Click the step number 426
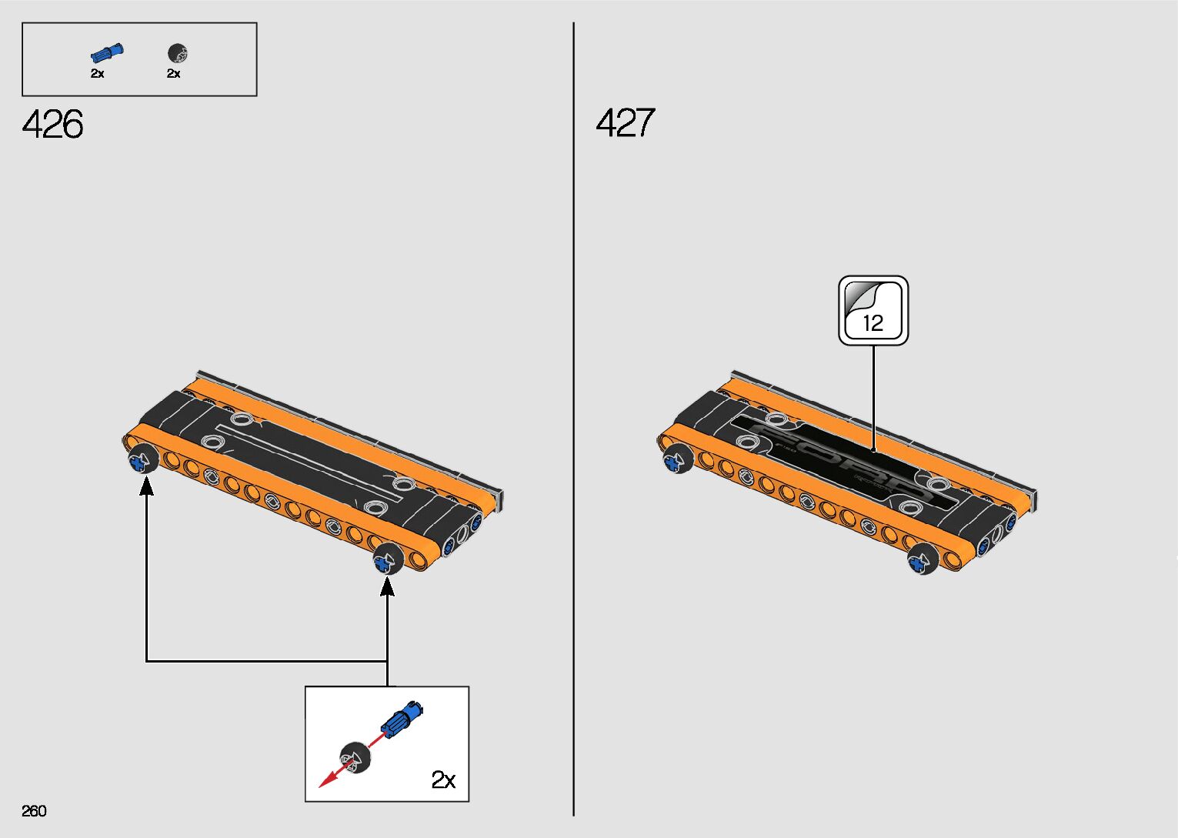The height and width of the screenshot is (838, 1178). click(x=53, y=124)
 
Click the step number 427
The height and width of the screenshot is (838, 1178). click(x=626, y=123)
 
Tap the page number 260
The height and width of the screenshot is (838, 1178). click(x=35, y=811)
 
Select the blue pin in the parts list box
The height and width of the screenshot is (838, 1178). click(x=106, y=54)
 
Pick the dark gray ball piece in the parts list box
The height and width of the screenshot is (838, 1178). click(x=178, y=54)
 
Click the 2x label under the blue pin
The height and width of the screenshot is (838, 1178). click(x=98, y=74)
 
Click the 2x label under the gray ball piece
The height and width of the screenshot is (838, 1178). click(x=174, y=74)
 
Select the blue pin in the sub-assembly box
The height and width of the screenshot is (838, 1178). click(x=401, y=719)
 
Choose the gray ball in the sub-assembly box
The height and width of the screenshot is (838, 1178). click(x=356, y=757)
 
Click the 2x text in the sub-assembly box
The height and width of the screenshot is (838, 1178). click(x=443, y=780)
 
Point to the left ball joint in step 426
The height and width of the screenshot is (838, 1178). click(x=142, y=460)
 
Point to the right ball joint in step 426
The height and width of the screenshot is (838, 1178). click(x=387, y=559)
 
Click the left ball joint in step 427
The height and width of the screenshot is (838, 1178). click(x=677, y=459)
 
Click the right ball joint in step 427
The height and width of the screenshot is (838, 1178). click(x=922, y=559)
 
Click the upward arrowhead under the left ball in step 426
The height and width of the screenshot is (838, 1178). click(x=146, y=486)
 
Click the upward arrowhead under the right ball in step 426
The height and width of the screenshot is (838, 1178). click(x=387, y=586)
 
